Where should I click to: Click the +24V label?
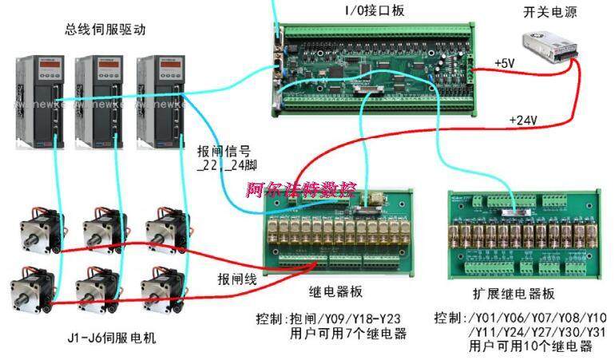(522, 121)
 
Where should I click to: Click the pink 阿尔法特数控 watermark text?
(299, 190)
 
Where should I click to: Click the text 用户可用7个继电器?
(348, 333)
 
